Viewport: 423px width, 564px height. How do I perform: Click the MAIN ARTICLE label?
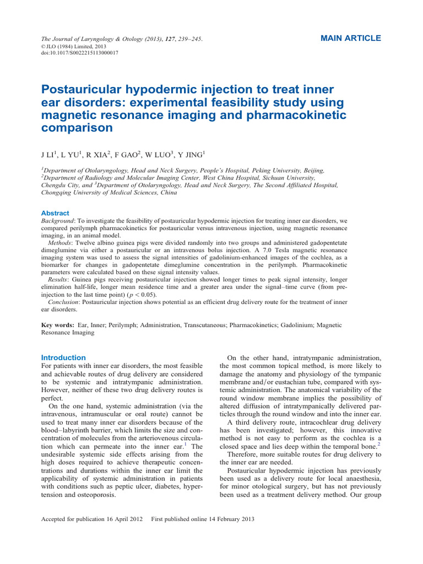tap(350, 39)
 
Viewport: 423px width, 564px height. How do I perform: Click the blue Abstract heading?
tap(56, 213)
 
